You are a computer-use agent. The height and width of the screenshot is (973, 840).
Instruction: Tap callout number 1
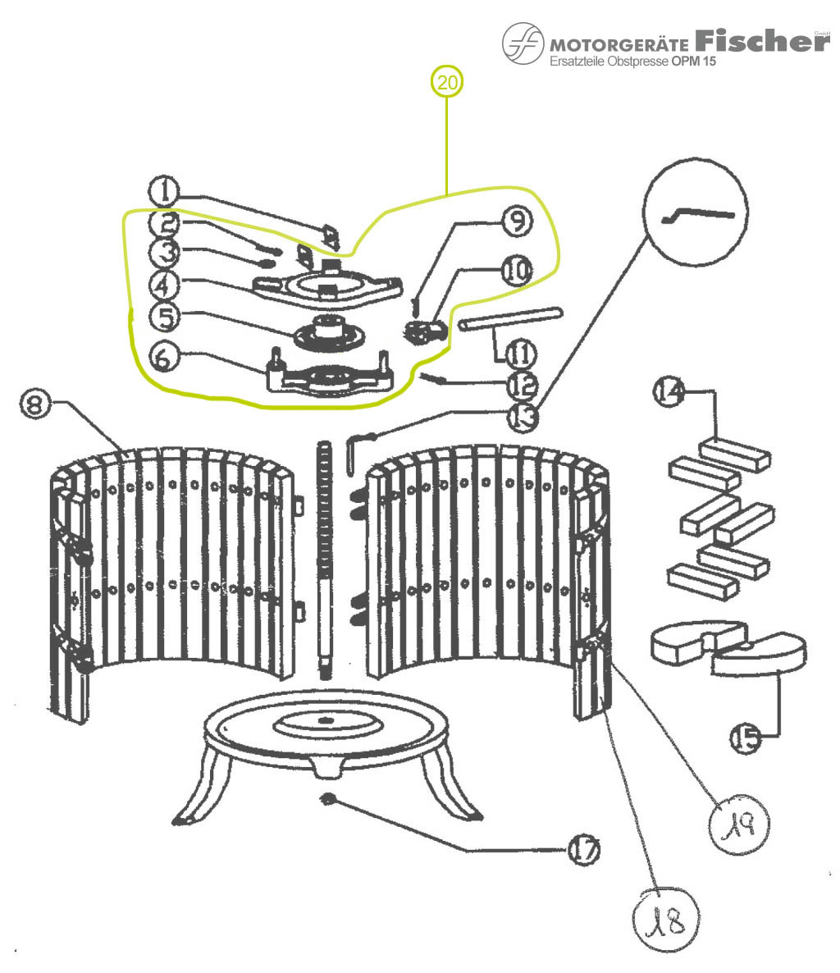pos(165,193)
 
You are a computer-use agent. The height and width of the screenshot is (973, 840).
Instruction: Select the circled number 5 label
pos(165,315)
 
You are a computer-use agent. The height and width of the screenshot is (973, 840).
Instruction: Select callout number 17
pos(584,848)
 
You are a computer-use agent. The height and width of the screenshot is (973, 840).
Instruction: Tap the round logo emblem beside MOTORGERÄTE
pos(523,43)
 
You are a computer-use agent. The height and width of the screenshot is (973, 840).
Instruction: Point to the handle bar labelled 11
pos(509,318)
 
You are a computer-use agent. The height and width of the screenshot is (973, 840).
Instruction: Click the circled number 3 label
pos(167,254)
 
